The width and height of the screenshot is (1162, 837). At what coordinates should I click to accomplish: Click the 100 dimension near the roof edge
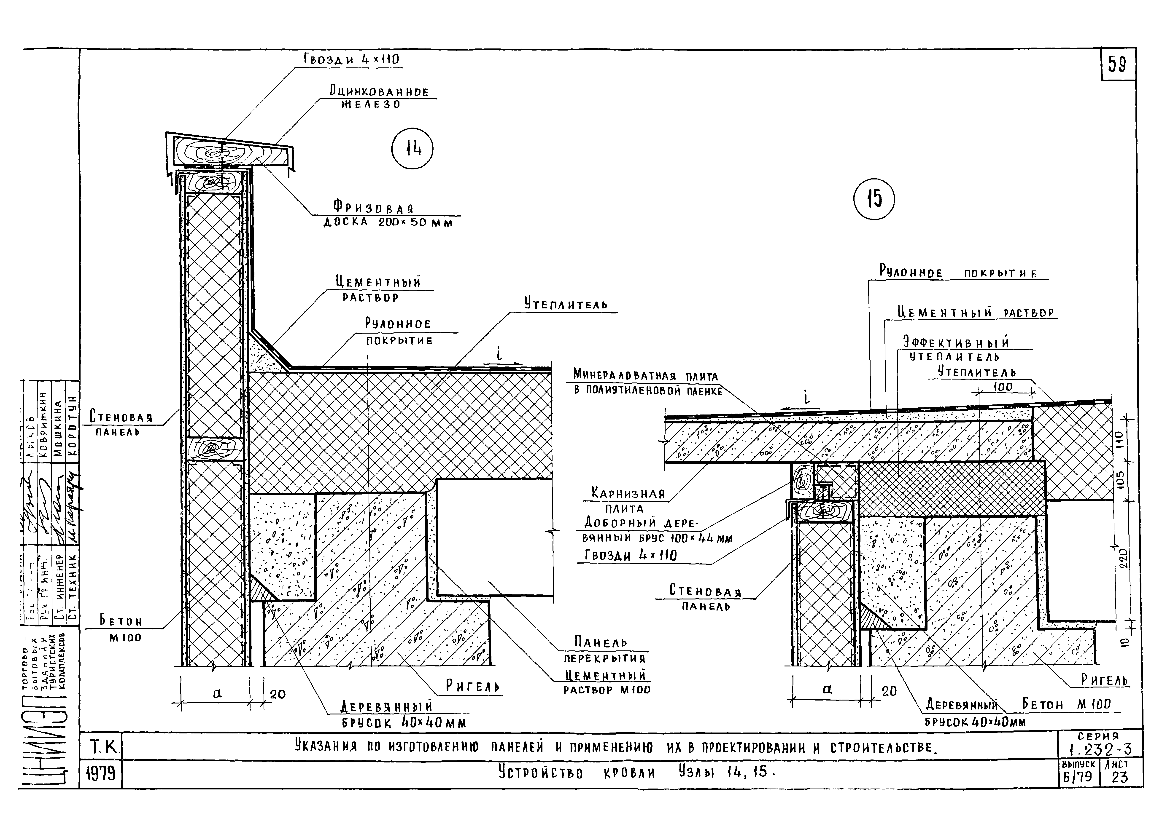click(x=1003, y=387)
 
